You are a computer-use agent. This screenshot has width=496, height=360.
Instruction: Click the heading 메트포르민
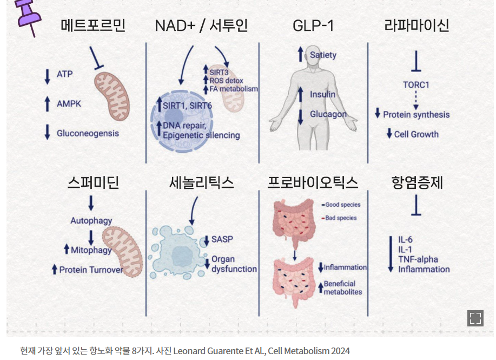pos(93,25)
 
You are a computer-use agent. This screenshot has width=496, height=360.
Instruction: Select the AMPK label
pos(69,103)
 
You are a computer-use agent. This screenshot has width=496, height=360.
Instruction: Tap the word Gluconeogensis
pos(88,133)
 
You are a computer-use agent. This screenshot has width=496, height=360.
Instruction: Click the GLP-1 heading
pos(313,25)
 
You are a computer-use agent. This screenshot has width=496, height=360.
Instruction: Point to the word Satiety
pos(323,55)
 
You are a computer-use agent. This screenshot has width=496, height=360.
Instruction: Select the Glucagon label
pos(328,114)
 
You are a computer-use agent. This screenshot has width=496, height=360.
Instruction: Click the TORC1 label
pos(416,85)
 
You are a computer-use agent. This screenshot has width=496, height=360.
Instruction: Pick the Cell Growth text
pos(416,134)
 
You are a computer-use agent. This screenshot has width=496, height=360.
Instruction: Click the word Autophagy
pos(91,221)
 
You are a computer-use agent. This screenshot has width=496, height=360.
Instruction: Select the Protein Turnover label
pos(91,269)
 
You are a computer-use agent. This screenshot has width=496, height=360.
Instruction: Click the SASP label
pos(222,239)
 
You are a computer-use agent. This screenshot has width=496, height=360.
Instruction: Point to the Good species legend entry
pos(342,205)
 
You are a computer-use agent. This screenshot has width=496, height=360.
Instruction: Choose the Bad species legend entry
pos(341,218)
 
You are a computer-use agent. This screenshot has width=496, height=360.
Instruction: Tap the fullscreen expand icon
pos(475,318)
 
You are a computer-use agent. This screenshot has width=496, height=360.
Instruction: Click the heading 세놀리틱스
pos(201,182)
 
